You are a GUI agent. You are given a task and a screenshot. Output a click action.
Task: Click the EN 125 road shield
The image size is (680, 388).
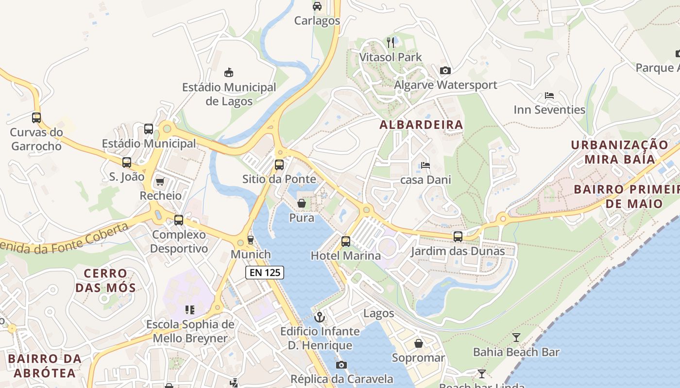(264, 273)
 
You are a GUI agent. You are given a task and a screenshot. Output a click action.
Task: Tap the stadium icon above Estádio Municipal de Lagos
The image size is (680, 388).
(229, 73)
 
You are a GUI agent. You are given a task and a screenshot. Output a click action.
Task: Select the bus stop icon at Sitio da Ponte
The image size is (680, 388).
(279, 164)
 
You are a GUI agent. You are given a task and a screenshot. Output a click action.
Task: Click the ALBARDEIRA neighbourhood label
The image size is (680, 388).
(421, 125)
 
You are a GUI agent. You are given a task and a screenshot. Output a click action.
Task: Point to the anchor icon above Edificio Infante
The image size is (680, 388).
(320, 317)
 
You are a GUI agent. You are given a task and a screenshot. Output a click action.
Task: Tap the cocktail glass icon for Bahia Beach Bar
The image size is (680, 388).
(516, 337)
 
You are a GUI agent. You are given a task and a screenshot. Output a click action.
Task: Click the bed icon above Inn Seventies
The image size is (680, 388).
(549, 96)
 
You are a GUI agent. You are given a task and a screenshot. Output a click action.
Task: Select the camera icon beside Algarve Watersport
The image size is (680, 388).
(445, 71)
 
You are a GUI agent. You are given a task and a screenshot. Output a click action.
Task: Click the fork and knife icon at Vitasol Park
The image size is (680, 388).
(391, 43)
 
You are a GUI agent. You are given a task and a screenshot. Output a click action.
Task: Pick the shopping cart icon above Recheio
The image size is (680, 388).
(160, 181)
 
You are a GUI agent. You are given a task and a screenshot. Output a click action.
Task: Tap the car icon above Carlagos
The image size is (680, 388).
(317, 6)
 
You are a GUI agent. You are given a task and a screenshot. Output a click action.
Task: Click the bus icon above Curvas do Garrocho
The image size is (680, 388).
(36, 117)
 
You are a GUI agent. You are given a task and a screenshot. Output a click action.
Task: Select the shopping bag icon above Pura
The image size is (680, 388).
(302, 203)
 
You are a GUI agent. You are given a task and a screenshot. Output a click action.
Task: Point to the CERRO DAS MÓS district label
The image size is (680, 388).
(105, 280)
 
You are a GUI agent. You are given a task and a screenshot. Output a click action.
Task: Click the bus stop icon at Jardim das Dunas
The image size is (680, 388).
(458, 237)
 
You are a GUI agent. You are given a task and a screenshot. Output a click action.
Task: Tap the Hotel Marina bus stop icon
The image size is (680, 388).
(346, 241)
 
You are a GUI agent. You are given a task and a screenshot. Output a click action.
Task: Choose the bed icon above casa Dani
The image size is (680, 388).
(425, 165)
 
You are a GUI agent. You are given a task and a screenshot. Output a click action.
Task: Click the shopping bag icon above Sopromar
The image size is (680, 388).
(418, 343)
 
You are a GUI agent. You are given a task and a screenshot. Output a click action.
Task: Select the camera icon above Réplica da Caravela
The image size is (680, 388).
(341, 365)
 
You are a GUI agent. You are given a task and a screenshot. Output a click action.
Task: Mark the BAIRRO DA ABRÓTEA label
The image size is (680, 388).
(45, 366)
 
